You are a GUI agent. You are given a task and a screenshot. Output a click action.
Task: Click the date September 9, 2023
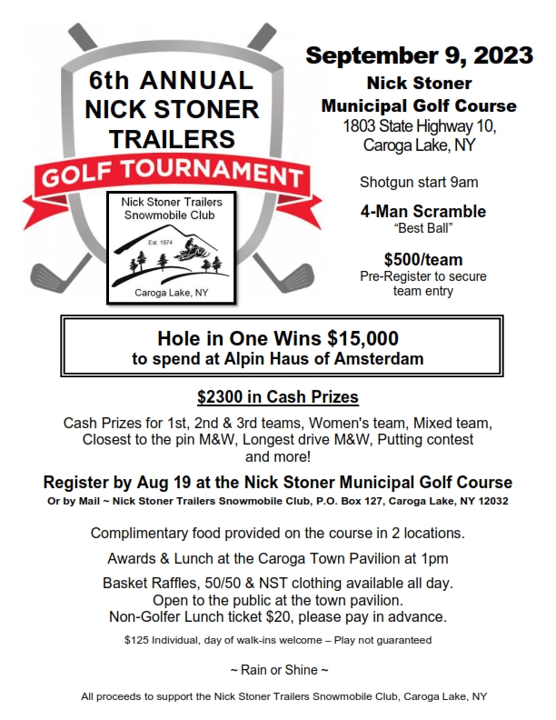tap(419, 55)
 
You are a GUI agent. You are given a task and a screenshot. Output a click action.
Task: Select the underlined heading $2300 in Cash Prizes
tap(278, 398)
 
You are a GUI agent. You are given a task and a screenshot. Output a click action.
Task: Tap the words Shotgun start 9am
tap(419, 182)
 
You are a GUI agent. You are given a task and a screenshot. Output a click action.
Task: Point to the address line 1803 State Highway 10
tap(419, 126)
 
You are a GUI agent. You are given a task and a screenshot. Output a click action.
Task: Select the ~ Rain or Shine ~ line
tap(278, 669)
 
